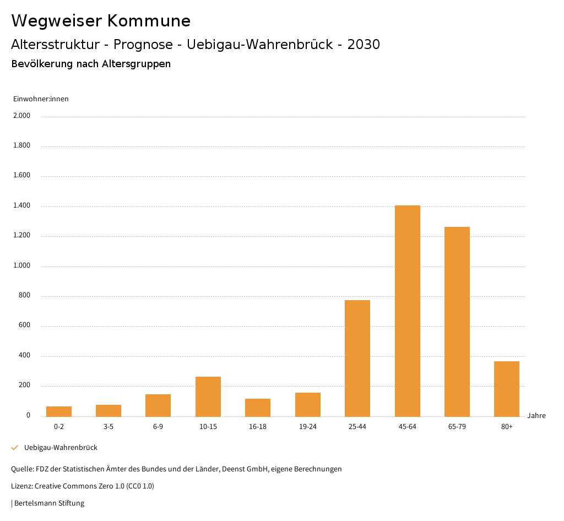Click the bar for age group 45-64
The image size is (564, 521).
[407, 311]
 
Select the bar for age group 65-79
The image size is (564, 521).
[457, 322]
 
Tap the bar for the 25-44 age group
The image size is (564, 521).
[357, 358]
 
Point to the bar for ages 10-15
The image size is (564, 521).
[208, 396]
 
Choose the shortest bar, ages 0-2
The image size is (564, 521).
[59, 411]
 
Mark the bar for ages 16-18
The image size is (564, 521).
[258, 407]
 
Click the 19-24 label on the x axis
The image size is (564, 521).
[308, 427]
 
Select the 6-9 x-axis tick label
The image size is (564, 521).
[158, 427]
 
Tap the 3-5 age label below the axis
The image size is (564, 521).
[109, 427]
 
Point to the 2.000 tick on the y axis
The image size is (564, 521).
[21, 116]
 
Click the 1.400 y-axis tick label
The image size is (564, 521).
[21, 206]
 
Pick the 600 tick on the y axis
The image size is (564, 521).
[24, 325]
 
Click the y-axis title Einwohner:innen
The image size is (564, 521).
[41, 99]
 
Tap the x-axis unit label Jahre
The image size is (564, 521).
[536, 416]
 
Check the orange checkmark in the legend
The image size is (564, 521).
[15, 448]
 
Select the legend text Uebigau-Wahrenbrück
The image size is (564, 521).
[61, 448]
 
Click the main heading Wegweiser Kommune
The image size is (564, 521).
[101, 21]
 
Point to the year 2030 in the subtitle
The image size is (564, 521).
[364, 45]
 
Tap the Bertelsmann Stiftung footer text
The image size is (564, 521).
[49, 503]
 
